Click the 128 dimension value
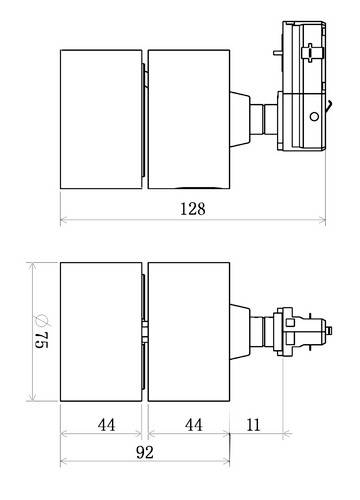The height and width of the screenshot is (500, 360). click(193, 209)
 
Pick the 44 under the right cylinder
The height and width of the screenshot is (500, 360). click(190, 424)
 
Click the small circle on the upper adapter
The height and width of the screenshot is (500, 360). click(315, 117)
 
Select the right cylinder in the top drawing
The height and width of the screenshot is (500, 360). click(189, 118)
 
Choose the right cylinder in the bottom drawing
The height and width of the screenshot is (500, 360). click(189, 332)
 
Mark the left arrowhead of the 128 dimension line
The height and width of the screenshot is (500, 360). click(63, 220)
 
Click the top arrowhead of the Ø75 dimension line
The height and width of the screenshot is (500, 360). click(33, 265)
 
